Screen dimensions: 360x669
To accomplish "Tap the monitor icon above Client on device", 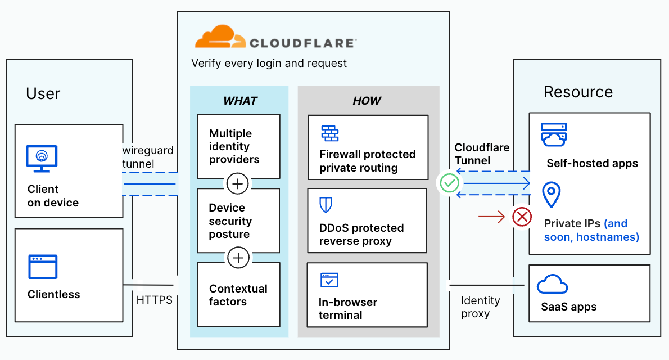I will [42, 159].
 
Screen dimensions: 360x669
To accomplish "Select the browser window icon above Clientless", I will [43, 267].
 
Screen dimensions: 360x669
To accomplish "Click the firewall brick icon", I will [330, 133].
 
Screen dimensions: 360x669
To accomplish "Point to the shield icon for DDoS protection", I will [326, 205].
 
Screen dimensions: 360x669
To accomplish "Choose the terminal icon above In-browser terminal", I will [329, 280].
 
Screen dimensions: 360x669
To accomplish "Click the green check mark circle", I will [450, 183].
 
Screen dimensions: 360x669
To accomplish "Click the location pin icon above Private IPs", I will [551, 195].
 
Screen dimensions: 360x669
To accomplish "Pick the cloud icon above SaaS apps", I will [552, 285].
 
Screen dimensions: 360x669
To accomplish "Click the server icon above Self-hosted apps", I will [554, 135].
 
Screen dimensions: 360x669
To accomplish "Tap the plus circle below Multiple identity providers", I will [238, 183].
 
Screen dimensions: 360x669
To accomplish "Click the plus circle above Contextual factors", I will [239, 258].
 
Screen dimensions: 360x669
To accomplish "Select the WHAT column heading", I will [240, 101].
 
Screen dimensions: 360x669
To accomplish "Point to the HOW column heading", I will [367, 101].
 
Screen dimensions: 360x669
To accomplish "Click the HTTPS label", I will [155, 300].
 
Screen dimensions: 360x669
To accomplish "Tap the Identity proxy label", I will [480, 307].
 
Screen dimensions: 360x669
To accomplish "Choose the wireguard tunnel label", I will [148, 157].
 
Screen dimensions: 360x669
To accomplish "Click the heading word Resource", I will [578, 92].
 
